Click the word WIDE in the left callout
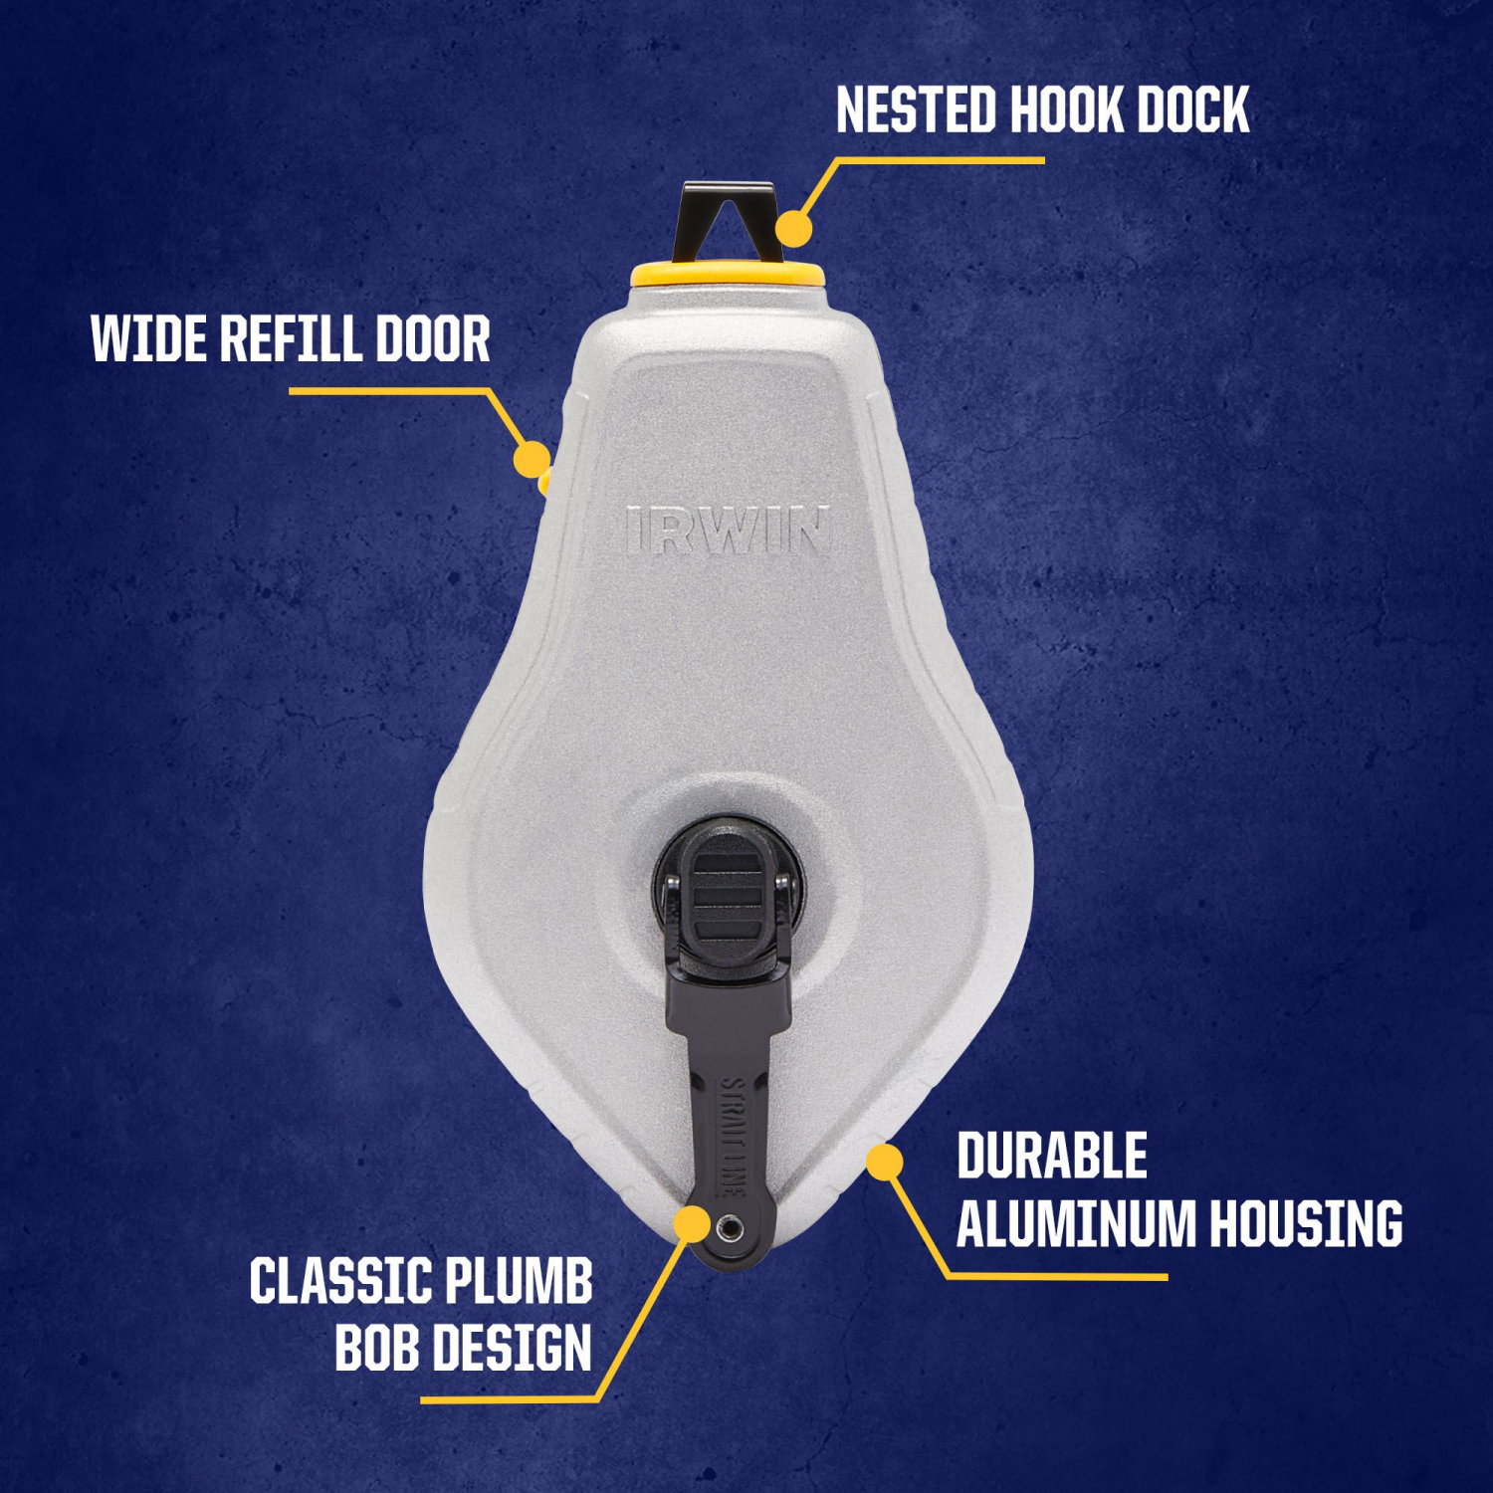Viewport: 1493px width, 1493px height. tap(147, 339)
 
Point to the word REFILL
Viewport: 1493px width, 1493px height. tap(282, 339)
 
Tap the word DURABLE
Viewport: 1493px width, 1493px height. tap(1052, 1157)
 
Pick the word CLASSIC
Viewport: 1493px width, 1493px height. tap(338, 1281)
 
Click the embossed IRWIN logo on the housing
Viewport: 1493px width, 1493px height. tap(729, 531)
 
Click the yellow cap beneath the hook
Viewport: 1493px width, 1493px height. tap(727, 274)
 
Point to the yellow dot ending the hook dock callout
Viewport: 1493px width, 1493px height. tap(793, 228)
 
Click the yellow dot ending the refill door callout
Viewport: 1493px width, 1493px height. tap(532, 459)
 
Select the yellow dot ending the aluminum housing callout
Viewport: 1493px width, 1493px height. tap(884, 1162)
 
